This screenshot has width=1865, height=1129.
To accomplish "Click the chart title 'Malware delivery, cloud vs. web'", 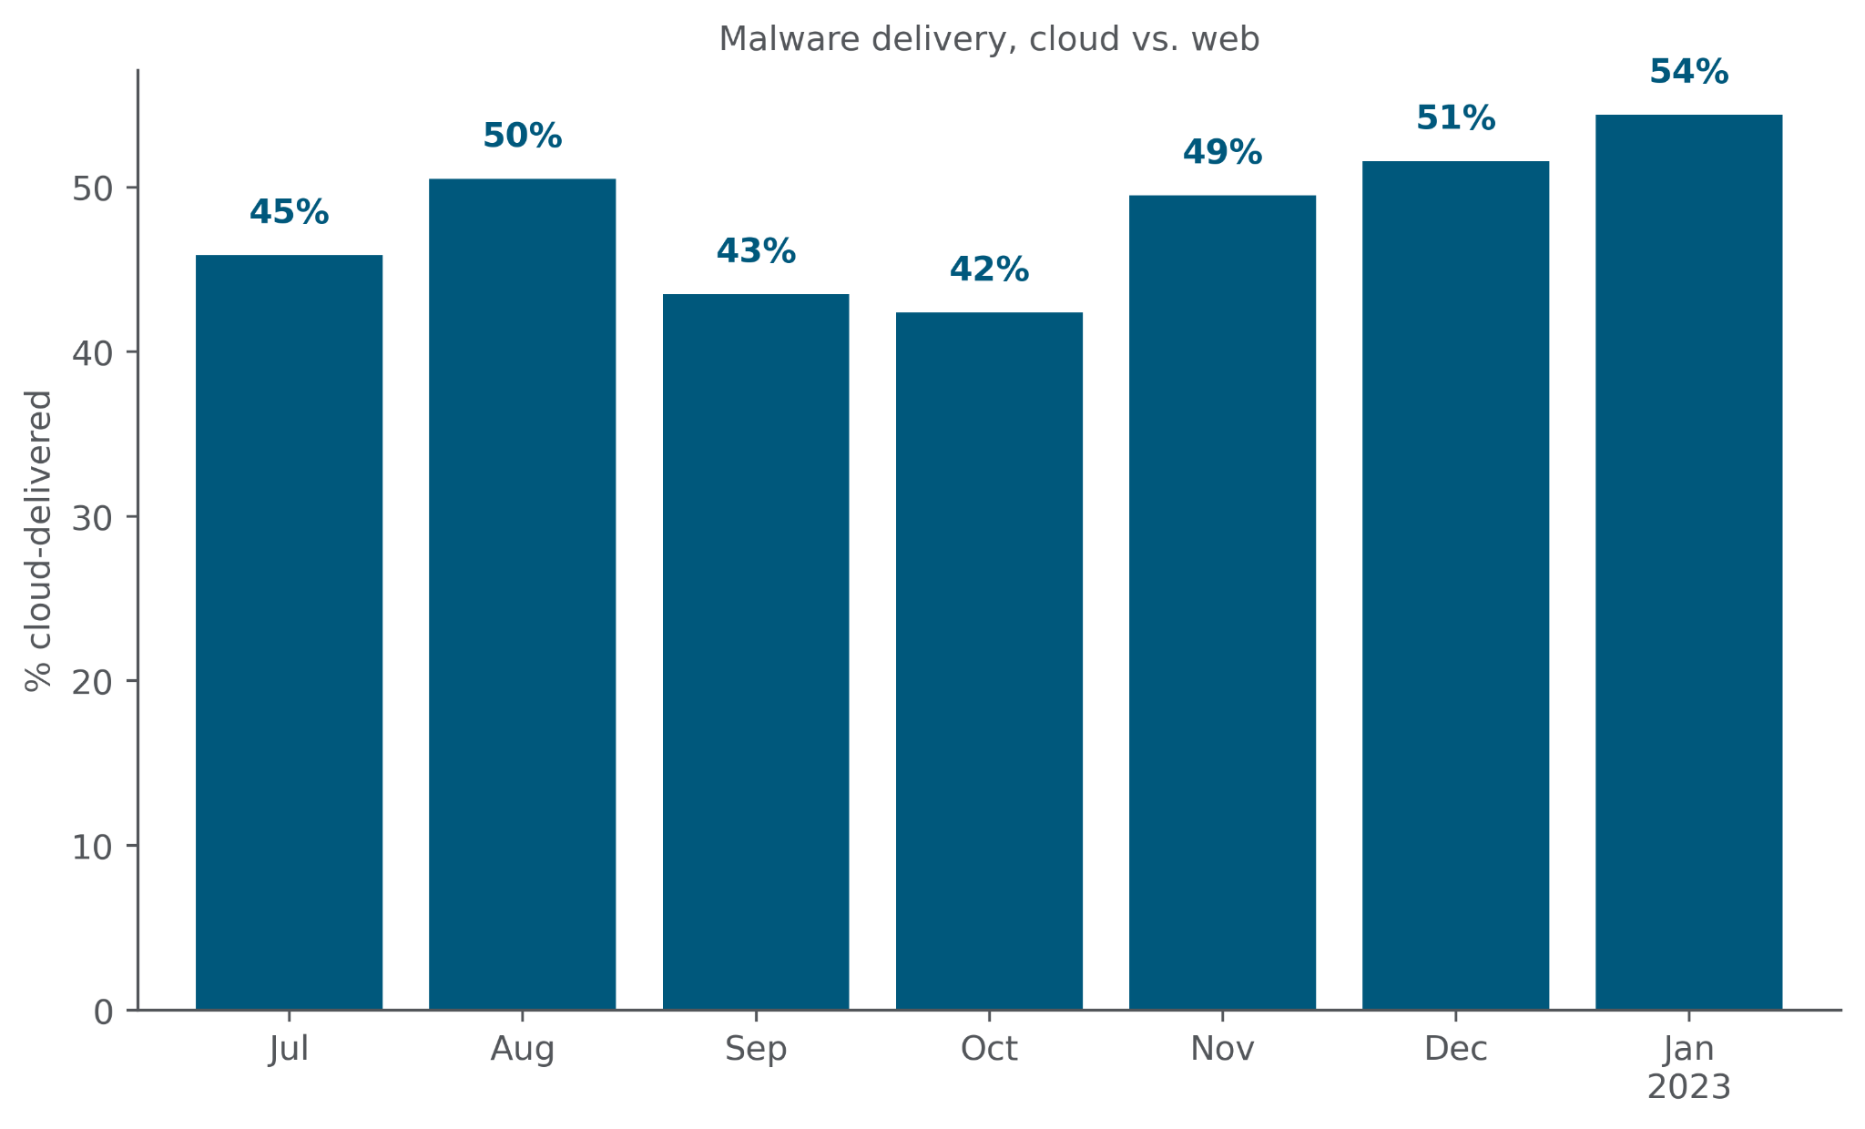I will tap(989, 39).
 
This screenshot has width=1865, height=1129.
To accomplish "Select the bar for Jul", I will tap(289, 632).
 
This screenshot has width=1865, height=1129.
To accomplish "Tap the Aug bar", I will tap(522, 594).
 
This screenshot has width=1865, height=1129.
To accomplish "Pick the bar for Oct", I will tap(989, 660).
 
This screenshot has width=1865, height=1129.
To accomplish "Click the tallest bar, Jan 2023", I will tap(1688, 562).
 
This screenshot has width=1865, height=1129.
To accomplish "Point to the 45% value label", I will tap(289, 213).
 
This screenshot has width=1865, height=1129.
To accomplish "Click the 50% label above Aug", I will tap(522, 137).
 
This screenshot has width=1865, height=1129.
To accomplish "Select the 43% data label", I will tap(756, 251).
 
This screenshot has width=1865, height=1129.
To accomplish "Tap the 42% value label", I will tap(989, 270).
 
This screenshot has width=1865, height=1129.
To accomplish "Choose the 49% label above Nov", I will tap(1222, 153).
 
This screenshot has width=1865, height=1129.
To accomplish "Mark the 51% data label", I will tap(1455, 118).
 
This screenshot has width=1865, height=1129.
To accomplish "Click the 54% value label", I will tap(1688, 72).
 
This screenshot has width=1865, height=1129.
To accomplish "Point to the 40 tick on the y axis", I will tap(92, 353).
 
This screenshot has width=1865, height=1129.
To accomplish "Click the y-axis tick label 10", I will tap(92, 847).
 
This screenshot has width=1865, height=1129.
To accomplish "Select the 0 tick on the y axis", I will tap(103, 1012).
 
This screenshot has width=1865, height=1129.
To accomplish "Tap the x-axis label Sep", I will tap(756, 1050).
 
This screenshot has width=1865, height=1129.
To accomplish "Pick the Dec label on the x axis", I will tap(1455, 1050).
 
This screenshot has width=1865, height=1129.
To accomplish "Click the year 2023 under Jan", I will tap(1688, 1088).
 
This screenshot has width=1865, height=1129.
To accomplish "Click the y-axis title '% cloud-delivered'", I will tap(39, 541).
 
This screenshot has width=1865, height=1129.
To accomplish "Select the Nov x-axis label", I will tap(1222, 1050).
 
